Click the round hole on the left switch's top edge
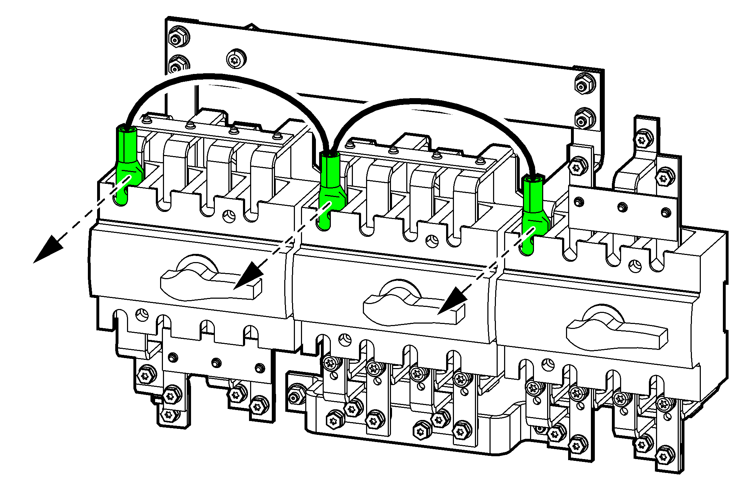[x=229, y=215]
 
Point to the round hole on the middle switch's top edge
[x=432, y=241]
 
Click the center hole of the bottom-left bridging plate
[x=216, y=363]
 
